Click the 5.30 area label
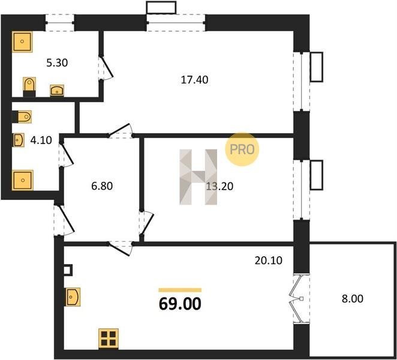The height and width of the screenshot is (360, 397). tap(57, 63)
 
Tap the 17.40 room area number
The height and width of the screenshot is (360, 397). tap(194, 80)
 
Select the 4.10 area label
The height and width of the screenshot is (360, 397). tap(41, 140)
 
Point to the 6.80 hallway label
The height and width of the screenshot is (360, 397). tap(102, 186)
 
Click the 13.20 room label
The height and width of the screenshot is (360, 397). tap(219, 187)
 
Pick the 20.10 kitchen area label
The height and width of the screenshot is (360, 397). tap(269, 260)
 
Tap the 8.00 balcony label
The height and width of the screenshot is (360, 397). tap(353, 299)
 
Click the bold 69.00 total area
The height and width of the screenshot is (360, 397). tap(180, 304)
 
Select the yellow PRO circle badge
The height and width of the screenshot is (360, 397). tap(242, 149)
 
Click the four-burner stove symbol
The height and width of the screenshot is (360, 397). tap(109, 338)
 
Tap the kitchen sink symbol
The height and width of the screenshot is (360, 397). tap(73, 296)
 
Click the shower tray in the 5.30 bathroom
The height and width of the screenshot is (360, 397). tap(22, 41)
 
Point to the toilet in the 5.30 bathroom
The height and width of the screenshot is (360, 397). tap(29, 86)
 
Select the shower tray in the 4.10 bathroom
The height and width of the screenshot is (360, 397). tap(23, 180)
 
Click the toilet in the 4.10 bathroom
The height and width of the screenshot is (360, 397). tap(22, 117)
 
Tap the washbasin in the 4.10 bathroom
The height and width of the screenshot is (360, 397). tap(19, 140)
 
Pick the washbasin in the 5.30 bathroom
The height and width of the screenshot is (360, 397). tap(57, 91)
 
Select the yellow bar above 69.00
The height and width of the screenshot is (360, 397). tap(180, 290)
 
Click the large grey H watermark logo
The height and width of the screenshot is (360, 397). tap(198, 177)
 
